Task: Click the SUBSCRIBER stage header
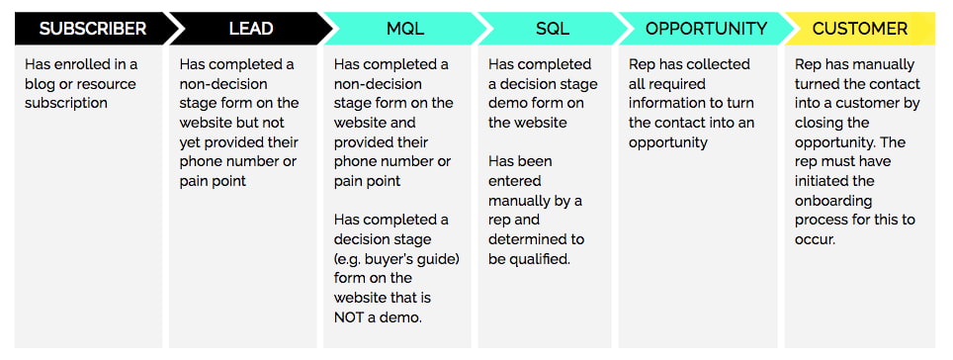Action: [x=92, y=29]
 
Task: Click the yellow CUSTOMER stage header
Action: [x=859, y=29]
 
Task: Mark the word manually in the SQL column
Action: [x=522, y=201]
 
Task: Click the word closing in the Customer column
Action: [x=821, y=123]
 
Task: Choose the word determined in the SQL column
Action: [x=528, y=239]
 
